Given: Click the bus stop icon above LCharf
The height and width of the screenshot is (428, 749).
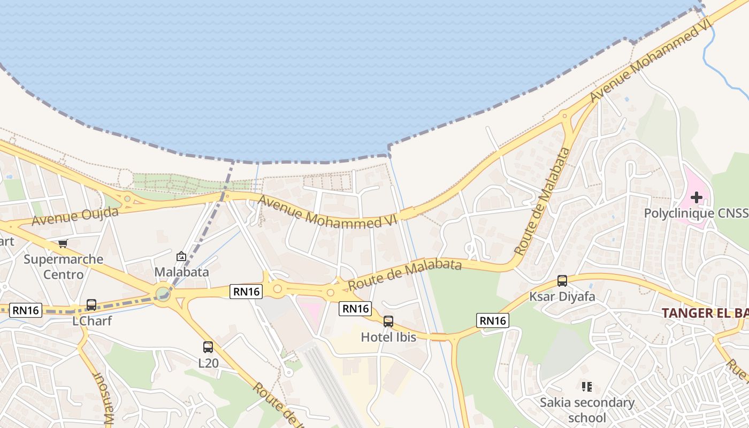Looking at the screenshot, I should [x=91, y=305].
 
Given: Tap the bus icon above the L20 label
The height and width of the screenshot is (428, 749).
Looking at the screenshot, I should [x=208, y=347].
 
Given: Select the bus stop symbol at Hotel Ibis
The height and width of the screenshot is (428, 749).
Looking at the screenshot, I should [x=388, y=322].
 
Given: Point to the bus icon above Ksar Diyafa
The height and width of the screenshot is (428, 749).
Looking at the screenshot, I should [x=562, y=281].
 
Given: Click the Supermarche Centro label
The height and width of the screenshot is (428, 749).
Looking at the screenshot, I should [x=64, y=267].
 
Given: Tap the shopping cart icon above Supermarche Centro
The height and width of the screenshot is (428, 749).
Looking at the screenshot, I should [x=63, y=244].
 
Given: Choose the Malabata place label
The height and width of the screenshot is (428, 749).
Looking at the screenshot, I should [x=181, y=272].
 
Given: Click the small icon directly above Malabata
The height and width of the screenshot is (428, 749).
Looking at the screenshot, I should [x=181, y=257].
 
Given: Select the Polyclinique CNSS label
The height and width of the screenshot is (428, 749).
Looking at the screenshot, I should [x=695, y=213].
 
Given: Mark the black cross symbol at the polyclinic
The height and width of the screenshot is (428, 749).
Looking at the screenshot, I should [x=696, y=197].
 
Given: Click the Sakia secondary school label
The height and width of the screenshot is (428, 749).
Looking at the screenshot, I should [x=587, y=410].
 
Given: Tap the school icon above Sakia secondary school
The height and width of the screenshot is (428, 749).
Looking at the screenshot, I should [x=587, y=386].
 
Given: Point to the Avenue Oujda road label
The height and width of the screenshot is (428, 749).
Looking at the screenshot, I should [x=75, y=216].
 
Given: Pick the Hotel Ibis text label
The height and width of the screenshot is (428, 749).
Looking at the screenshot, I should [x=388, y=337].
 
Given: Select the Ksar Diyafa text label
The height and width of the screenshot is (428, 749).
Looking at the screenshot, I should [x=562, y=296].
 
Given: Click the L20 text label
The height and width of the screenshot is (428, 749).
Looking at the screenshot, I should [x=208, y=363].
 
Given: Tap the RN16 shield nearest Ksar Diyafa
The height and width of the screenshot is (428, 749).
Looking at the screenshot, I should [x=493, y=320].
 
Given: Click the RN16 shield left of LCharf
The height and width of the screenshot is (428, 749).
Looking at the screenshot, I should [x=26, y=310].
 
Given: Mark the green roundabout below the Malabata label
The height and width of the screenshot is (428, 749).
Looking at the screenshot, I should [x=163, y=294].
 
